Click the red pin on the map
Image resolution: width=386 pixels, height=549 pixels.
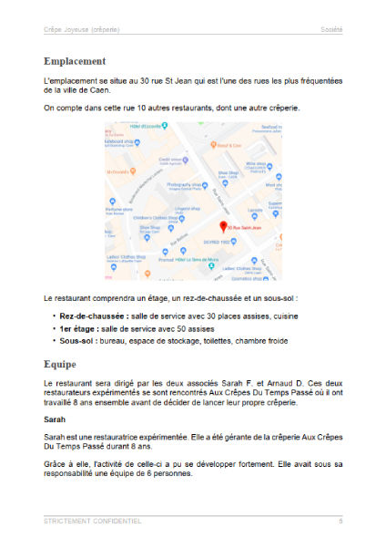pos(223,225)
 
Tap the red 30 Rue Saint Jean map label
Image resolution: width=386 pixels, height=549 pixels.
pos(245,226)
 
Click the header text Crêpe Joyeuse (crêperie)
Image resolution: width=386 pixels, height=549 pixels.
pos(81,30)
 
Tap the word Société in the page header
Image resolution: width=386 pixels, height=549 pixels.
pos(330,30)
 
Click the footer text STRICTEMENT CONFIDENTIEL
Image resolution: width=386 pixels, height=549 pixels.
pos(92,521)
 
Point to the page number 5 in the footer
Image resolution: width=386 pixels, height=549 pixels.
pos(340,521)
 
